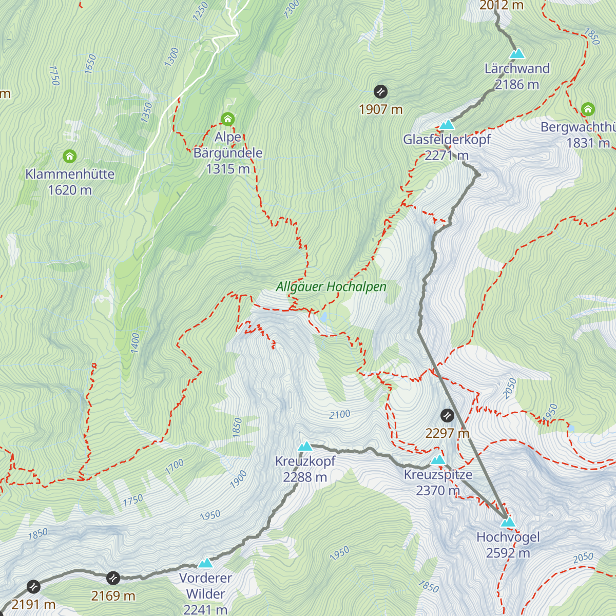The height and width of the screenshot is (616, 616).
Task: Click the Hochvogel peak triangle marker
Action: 508,522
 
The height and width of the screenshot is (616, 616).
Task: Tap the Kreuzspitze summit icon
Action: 438,459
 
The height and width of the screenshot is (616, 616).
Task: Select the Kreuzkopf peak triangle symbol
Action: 305,446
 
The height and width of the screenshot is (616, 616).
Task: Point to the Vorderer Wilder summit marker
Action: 205,563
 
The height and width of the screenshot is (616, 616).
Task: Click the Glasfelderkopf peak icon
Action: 447,125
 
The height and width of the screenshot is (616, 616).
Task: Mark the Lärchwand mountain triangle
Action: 517,53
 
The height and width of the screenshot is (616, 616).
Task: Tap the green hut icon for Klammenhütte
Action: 69,156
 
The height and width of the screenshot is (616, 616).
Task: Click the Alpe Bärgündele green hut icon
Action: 227,119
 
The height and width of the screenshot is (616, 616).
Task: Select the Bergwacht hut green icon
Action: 588,109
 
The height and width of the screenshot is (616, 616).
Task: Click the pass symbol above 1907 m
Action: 380,92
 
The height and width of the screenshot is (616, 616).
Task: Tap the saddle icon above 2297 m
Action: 447,415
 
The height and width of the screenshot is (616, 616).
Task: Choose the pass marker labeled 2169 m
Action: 113,579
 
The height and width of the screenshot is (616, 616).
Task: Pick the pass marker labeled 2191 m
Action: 33,586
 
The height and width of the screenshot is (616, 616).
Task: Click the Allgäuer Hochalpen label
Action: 331,287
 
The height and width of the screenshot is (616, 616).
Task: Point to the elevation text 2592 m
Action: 508,553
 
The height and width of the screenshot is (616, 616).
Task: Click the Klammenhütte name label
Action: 70,174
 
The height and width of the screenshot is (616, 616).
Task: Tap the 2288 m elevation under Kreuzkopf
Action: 305,477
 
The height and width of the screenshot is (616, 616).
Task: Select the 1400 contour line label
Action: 135,342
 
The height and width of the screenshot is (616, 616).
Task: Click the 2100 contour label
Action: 339,414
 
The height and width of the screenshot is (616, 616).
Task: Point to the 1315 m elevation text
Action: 227,169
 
